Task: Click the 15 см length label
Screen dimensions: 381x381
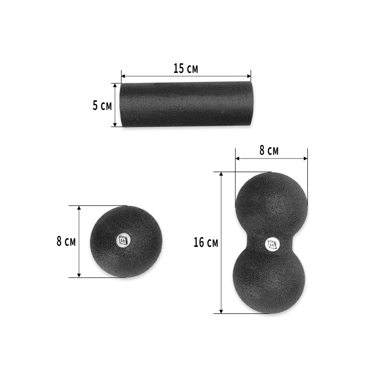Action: (x=185, y=68)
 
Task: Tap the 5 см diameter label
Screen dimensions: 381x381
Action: (x=102, y=105)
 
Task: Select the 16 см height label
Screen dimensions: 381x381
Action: (x=206, y=243)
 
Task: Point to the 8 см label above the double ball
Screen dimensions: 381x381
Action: (x=269, y=151)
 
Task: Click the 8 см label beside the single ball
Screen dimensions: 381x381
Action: (x=66, y=241)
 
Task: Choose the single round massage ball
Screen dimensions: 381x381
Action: (x=126, y=241)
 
